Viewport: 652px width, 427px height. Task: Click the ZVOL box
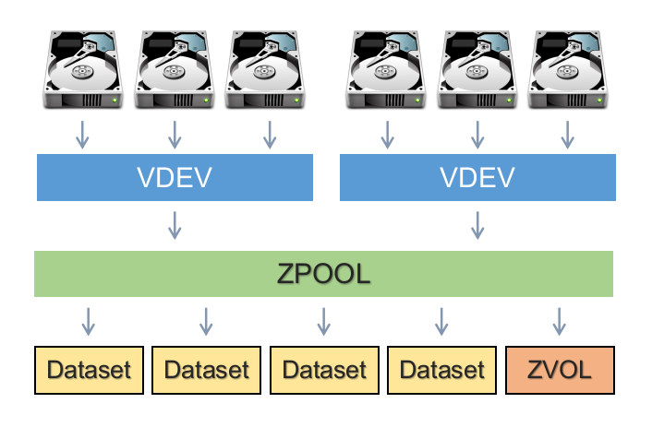pyautogui.click(x=560, y=371)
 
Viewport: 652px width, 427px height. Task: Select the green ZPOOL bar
pyautogui.click(x=323, y=274)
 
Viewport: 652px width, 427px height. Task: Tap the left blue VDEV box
pyautogui.click(x=175, y=177)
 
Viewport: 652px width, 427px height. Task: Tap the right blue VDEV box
pyautogui.click(x=477, y=177)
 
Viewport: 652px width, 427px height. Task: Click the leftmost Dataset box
pyautogui.click(x=89, y=371)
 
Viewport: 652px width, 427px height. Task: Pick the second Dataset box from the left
pyautogui.click(x=206, y=371)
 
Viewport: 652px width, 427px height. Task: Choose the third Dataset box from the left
pyautogui.click(x=324, y=371)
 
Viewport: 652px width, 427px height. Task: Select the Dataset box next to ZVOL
pyautogui.click(x=441, y=371)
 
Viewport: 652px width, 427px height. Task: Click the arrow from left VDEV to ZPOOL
pyautogui.click(x=175, y=224)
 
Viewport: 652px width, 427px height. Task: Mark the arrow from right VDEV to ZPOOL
pyautogui.click(x=477, y=224)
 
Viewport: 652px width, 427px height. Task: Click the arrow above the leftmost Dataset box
pyautogui.click(x=89, y=321)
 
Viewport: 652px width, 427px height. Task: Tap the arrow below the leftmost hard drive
pyautogui.click(x=82, y=135)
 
